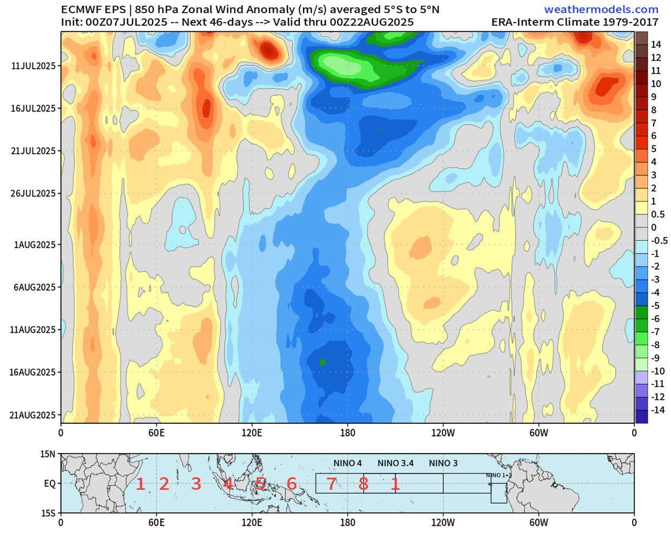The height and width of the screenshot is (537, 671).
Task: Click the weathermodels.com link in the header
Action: coord(601,9)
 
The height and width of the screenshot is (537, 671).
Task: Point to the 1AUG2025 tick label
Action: coord(35,245)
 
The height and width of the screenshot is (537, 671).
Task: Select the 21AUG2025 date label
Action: coord(34,415)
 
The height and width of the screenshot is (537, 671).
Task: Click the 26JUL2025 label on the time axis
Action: coord(34,193)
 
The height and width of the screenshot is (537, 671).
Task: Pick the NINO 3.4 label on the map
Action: coord(396,463)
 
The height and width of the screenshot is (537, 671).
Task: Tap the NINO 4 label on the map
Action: coord(347,463)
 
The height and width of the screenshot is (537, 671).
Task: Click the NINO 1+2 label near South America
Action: coord(498,475)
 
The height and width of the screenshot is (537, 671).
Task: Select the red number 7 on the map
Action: coord(332,484)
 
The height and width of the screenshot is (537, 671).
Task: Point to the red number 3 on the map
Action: coord(196,484)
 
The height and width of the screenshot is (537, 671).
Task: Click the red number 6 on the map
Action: coord(292,484)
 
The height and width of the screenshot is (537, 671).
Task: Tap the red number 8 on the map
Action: coord(363,484)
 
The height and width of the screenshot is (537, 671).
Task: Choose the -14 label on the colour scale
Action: coord(657,410)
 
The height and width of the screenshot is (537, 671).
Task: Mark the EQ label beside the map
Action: coord(49,483)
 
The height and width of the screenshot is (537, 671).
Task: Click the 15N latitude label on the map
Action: coord(48,454)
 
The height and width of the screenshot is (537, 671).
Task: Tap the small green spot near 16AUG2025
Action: coord(323,362)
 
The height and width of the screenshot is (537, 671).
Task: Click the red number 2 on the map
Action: coord(164,484)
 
